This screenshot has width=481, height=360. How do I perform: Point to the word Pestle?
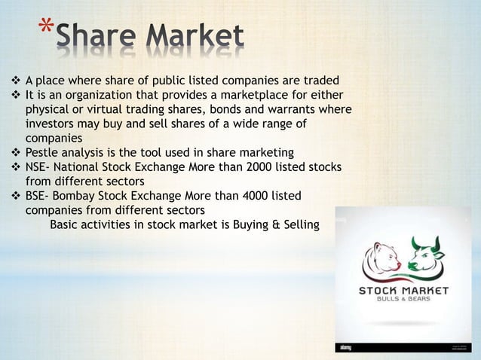[x=43, y=153]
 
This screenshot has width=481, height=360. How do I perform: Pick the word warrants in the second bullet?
[x=292, y=110]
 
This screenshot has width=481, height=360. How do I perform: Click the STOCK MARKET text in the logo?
[x=403, y=291]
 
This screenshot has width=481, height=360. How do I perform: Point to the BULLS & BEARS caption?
[x=403, y=301]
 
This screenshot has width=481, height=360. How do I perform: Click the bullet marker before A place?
[x=15, y=81]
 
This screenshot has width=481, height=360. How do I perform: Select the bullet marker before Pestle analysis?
[x=15, y=153]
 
